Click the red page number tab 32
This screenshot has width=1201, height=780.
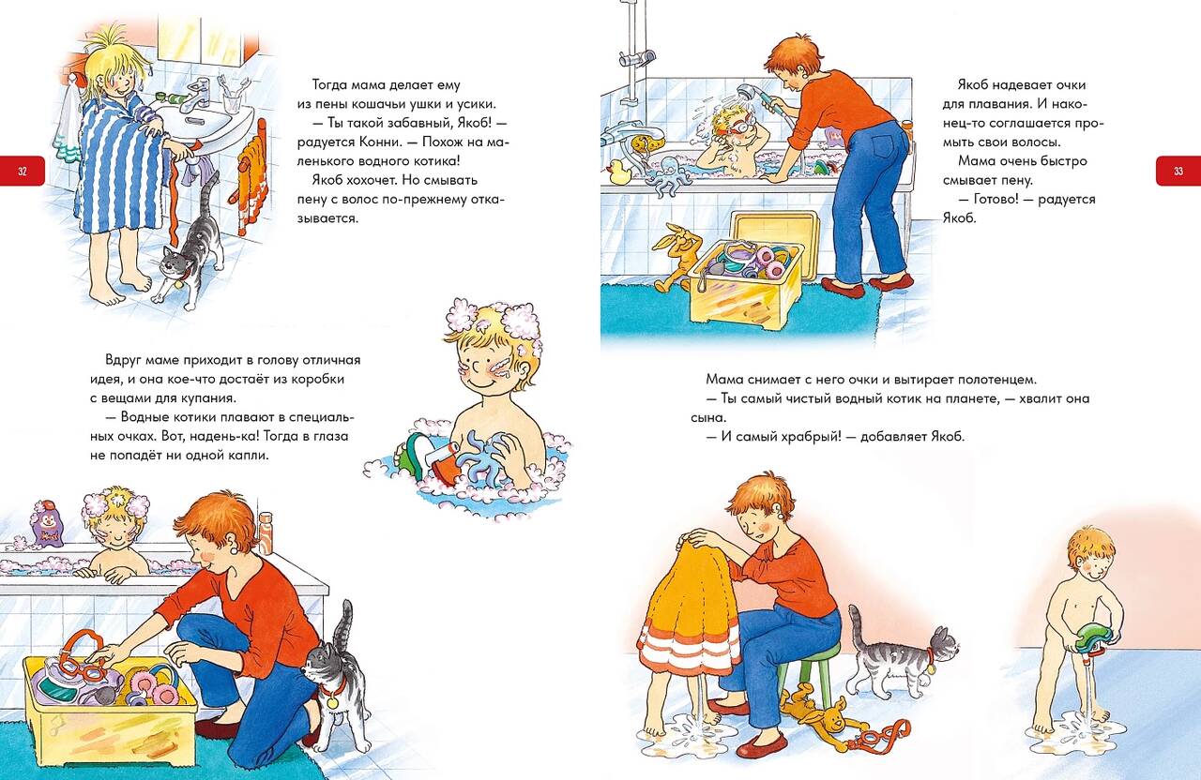tap(22, 172)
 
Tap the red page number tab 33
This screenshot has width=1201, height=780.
tap(1178, 172)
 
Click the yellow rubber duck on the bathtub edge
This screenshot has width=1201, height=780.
tap(618, 171)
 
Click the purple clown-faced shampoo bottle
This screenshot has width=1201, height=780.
tap(47, 523)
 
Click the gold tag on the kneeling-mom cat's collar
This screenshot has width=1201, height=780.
tap(333, 700)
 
